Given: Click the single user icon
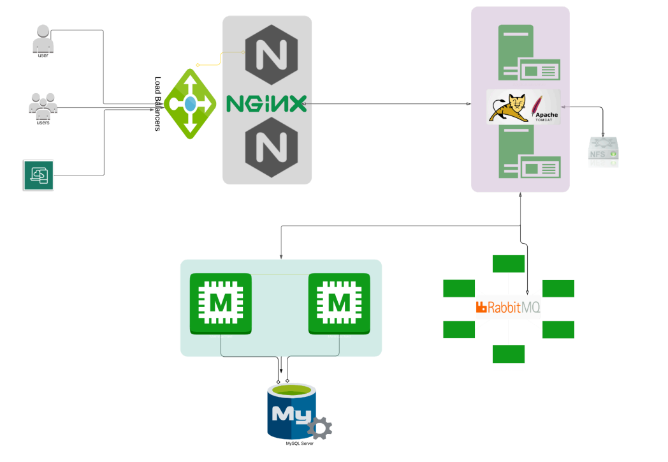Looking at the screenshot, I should (43, 40).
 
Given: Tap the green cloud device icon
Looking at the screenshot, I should (38, 174).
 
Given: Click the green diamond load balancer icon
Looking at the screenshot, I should (190, 103).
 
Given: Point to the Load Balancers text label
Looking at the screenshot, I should (158, 104).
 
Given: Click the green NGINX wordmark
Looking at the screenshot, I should (266, 103).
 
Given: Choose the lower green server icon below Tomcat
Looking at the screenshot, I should (528, 153).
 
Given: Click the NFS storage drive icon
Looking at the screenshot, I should (602, 152).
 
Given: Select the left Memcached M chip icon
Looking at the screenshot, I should (221, 304).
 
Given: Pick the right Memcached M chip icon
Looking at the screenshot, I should (339, 304).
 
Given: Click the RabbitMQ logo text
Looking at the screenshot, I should (509, 308).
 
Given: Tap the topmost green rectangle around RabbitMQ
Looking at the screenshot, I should (508, 264).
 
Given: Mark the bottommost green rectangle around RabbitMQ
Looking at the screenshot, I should (508, 354).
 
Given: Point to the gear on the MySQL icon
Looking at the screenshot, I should (318, 428).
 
